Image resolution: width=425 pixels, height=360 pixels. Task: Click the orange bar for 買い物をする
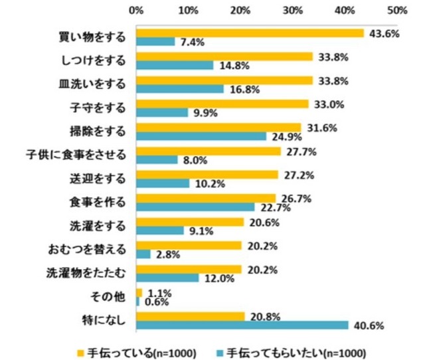coord(250,33)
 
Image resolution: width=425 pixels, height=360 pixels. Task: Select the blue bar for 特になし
coord(242,325)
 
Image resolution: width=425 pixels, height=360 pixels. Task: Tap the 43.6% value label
coord(382,33)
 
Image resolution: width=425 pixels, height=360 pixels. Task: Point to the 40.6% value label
coord(367,325)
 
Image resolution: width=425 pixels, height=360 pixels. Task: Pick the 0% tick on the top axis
coord(136,11)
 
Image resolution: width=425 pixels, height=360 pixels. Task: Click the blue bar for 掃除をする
coord(201,136)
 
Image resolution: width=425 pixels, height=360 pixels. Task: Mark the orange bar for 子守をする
coord(222,104)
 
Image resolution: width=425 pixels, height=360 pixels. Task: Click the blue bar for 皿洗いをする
coord(180,88)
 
